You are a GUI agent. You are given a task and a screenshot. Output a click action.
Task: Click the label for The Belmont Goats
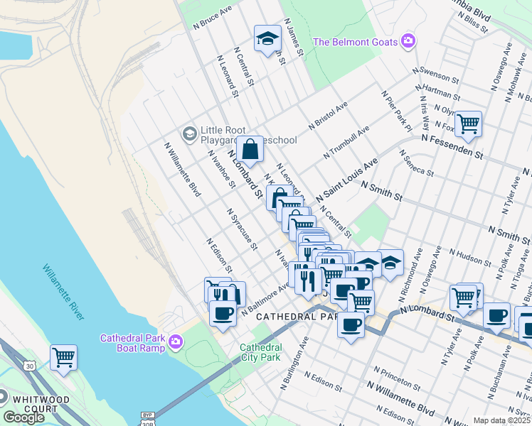355,42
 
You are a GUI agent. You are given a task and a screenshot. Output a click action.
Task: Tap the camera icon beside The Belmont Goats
408,41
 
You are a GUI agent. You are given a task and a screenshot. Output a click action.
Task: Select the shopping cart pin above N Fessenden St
468,124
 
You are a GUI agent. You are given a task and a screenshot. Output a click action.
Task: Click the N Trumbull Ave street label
346,143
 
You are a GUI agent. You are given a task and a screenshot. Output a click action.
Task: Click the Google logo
23,417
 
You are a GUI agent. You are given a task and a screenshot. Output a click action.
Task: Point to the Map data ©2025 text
501,420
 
